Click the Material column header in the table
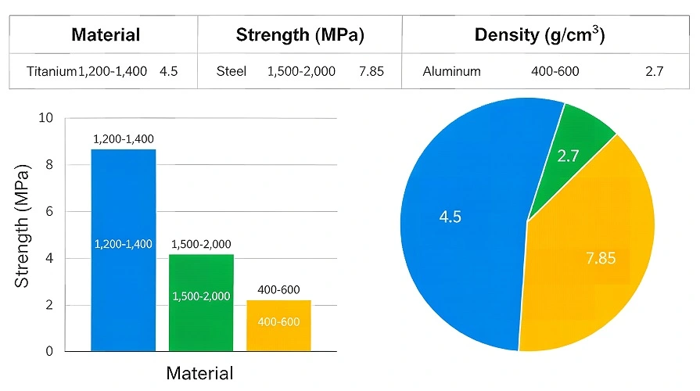(106, 35)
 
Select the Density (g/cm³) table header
(540, 35)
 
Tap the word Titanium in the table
(52, 72)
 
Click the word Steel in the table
(232, 72)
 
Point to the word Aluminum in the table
(451, 72)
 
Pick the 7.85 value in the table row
(371, 72)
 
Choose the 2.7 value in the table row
(654, 72)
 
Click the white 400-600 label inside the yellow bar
(278, 322)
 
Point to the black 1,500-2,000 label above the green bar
(201, 245)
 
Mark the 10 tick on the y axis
(45, 118)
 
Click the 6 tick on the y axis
(48, 211)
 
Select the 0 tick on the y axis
(48, 352)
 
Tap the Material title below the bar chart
(199, 373)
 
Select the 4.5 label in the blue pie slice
(450, 217)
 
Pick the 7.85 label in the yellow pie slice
(601, 258)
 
